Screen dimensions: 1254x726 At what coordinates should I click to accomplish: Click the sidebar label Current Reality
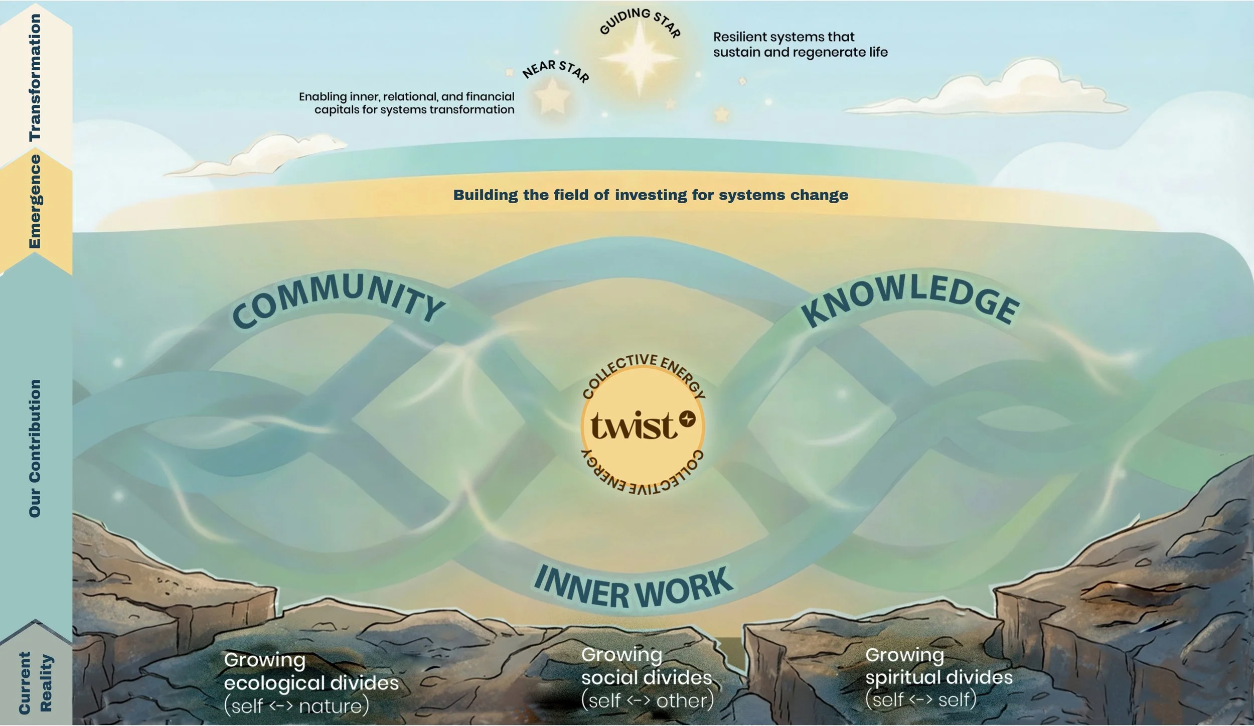[x=35, y=682]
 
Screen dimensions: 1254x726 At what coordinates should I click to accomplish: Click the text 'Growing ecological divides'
[x=311, y=671]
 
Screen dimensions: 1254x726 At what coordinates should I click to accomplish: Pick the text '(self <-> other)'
[x=647, y=700]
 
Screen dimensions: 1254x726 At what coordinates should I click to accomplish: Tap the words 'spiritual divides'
[x=938, y=677]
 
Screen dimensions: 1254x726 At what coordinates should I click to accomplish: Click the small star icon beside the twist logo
[x=688, y=418]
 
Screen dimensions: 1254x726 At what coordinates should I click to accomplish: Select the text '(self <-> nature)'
[x=296, y=706]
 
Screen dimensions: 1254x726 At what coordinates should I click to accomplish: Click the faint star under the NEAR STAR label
[x=552, y=96]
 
